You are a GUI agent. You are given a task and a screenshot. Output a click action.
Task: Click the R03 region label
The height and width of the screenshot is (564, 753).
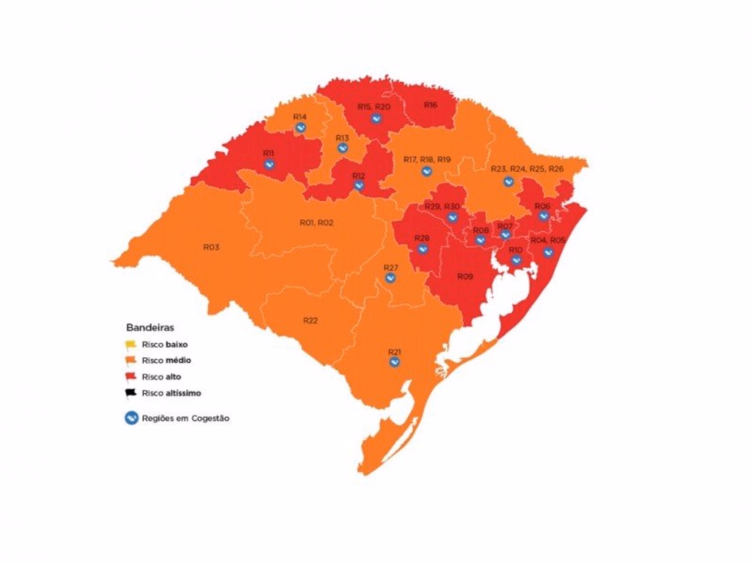(x=211, y=247)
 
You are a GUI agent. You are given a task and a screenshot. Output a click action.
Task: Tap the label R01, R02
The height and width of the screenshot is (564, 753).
(x=316, y=223)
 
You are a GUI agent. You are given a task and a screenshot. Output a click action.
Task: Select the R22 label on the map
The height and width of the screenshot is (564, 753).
(x=310, y=320)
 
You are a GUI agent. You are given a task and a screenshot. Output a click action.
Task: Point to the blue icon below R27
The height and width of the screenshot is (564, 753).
(x=390, y=278)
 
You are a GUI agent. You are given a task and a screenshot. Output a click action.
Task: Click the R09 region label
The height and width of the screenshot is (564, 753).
(x=465, y=276)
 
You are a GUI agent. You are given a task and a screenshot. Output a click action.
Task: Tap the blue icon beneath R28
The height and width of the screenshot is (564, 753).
(x=422, y=248)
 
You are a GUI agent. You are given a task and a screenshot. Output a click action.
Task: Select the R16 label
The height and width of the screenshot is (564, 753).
(x=430, y=105)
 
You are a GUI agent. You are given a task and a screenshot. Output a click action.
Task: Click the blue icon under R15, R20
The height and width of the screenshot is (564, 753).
(x=375, y=117)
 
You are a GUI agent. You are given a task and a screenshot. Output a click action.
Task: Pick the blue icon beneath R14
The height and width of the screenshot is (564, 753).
(x=300, y=128)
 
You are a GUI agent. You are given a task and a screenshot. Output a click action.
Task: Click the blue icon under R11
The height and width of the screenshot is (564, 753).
(x=269, y=164)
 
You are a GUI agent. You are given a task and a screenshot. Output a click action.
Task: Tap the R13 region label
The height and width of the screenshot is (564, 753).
(x=343, y=137)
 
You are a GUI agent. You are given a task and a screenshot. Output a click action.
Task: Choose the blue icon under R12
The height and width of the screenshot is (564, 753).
(x=359, y=186)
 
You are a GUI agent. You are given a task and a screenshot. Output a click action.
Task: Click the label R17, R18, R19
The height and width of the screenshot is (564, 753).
(x=427, y=159)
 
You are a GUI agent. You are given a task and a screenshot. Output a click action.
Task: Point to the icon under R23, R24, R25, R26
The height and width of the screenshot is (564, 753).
(x=508, y=181)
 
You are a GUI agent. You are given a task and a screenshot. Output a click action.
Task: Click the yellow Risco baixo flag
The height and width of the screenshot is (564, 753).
(x=131, y=344)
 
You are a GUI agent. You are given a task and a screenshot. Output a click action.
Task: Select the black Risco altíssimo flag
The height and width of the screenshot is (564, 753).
(x=131, y=393)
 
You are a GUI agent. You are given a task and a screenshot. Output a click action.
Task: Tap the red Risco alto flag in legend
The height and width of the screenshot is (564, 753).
(x=131, y=377)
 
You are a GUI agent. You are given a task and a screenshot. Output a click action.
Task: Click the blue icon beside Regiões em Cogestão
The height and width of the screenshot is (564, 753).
(x=131, y=418)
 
